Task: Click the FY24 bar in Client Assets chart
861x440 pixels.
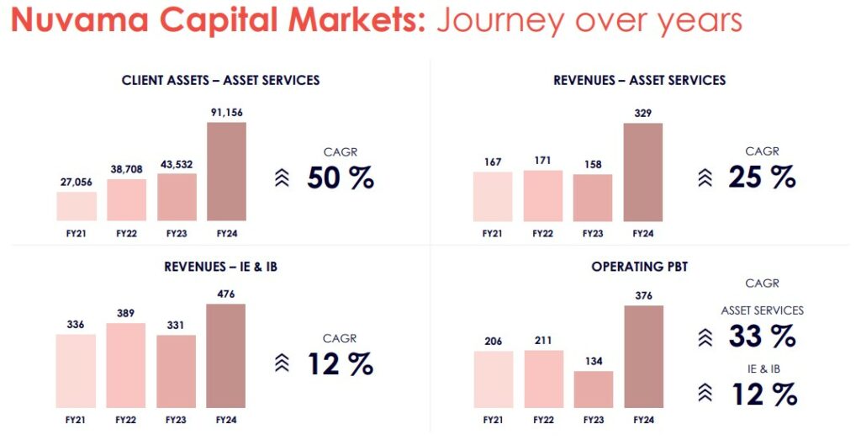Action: (x=226, y=172)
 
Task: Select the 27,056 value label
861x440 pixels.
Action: (x=76, y=180)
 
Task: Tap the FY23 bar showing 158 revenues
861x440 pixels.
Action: (x=593, y=198)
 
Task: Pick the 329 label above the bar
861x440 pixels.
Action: (x=642, y=112)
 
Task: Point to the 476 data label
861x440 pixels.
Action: (x=225, y=294)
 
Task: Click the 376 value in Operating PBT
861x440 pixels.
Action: (x=643, y=294)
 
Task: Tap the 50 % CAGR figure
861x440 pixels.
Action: (x=340, y=178)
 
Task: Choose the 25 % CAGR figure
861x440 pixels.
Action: (x=760, y=177)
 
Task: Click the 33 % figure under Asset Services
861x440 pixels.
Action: (x=762, y=336)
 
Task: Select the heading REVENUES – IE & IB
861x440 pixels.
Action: (x=220, y=267)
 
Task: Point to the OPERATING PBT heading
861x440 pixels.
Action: (x=639, y=267)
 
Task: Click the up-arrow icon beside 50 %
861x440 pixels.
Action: (x=283, y=178)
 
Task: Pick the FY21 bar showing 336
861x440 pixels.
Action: (x=76, y=371)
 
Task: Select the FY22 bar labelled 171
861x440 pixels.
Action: (x=543, y=196)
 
